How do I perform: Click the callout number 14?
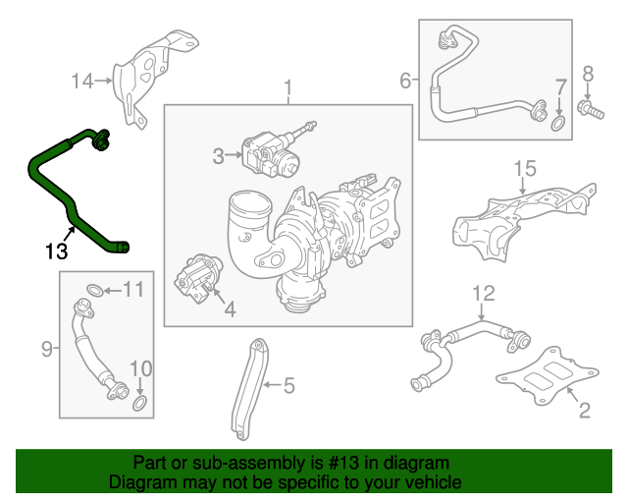click(x=84, y=81)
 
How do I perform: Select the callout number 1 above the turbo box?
click(x=288, y=90)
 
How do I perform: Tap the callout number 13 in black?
click(x=57, y=250)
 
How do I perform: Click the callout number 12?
click(x=483, y=293)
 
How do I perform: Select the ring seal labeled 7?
click(x=557, y=124)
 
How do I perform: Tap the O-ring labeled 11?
click(x=89, y=290)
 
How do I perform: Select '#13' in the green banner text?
click(x=351, y=463)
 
